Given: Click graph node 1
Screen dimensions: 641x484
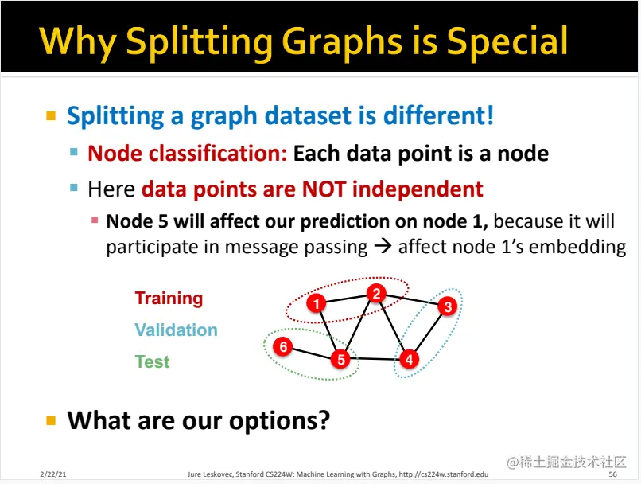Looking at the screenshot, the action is (x=316, y=303).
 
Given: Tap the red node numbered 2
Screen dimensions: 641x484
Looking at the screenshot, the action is (x=376, y=294).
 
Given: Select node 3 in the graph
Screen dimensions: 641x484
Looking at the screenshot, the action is (x=448, y=306).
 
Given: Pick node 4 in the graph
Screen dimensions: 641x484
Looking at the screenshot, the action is (x=409, y=360).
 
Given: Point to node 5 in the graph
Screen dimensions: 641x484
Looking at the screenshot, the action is (x=340, y=359).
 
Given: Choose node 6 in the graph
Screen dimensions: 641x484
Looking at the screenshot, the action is (x=283, y=346).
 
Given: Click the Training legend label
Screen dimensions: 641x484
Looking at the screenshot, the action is (x=169, y=299).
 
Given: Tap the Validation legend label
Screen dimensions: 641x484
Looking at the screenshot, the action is (x=177, y=330).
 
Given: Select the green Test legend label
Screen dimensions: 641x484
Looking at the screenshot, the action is (x=152, y=361).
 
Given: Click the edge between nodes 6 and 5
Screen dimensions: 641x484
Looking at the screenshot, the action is (x=312, y=353).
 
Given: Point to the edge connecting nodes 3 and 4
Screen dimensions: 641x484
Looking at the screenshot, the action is (x=429, y=333).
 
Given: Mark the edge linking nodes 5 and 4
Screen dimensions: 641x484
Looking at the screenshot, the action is (x=375, y=359).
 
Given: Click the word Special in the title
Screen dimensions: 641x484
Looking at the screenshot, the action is (x=507, y=41).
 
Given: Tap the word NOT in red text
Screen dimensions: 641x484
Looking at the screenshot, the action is (x=324, y=189).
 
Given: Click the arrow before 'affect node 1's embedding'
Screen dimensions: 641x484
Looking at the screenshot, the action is (x=383, y=247).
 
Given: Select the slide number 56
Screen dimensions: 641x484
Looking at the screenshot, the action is (x=612, y=474).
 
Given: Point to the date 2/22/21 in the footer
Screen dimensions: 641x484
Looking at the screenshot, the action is (x=53, y=474).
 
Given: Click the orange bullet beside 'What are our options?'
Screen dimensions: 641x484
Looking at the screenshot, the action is (x=51, y=420).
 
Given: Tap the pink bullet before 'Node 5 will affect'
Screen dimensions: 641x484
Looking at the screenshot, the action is (x=95, y=221).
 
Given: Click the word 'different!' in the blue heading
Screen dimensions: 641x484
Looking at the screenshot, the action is (x=439, y=115).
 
